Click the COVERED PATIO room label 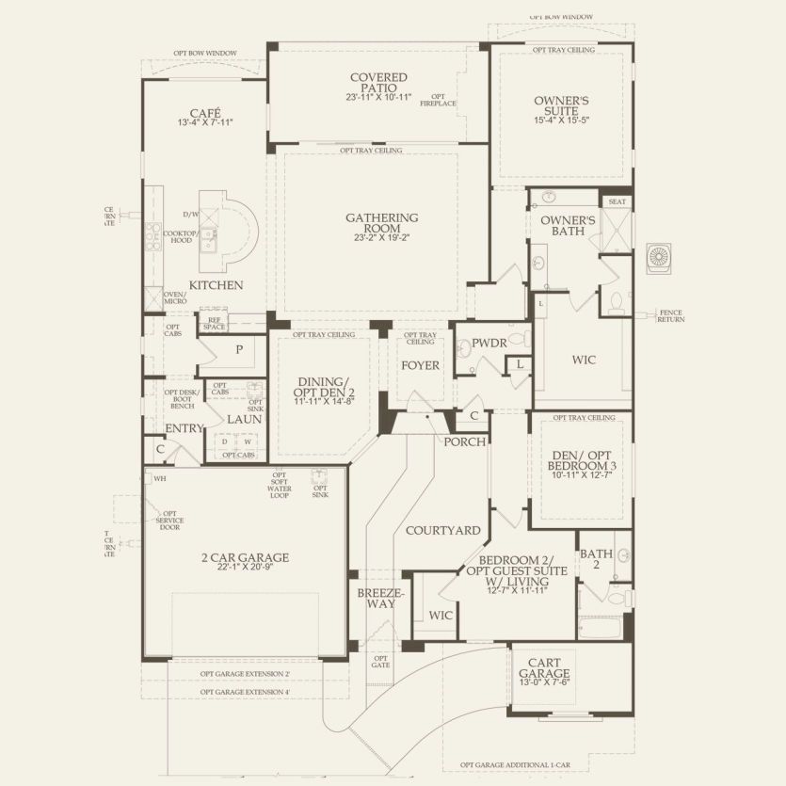click(x=377, y=83)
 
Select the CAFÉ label click(x=204, y=113)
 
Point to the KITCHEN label click(x=216, y=285)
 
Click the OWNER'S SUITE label click(x=561, y=105)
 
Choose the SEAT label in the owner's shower click(x=617, y=201)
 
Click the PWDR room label click(x=489, y=345)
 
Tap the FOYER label click(x=421, y=365)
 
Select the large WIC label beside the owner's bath click(x=584, y=360)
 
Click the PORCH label click(x=465, y=441)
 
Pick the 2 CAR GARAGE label click(x=246, y=557)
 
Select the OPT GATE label click(x=381, y=663)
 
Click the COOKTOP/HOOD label click(x=179, y=237)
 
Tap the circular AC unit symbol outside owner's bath click(x=659, y=256)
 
